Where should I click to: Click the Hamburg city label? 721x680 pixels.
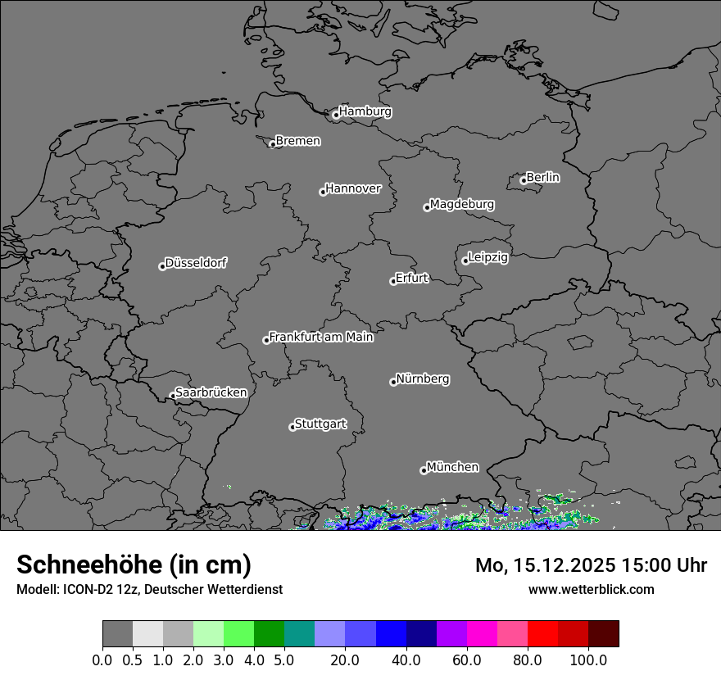[365, 111]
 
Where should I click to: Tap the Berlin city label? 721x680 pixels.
[542, 177]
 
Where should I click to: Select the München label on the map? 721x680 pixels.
[452, 467]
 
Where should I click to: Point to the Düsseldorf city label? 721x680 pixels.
[196, 263]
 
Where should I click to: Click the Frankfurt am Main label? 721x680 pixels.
[321, 337]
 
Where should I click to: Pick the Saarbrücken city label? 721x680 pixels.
[211, 392]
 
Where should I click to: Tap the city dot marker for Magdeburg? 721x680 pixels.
[427, 207]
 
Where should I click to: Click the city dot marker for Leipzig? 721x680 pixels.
[465, 261]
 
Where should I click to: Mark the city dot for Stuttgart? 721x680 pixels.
[292, 427]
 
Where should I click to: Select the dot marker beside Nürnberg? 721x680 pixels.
[393, 382]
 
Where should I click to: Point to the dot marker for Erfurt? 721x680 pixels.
[393, 281]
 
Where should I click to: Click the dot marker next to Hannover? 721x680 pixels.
[323, 192]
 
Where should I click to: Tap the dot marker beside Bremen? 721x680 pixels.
[273, 144]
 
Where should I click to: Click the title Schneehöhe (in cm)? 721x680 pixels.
[134, 565]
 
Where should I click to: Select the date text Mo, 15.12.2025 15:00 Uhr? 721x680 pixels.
[591, 565]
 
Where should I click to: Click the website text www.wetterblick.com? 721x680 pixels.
[591, 589]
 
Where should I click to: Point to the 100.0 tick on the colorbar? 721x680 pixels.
[588, 660]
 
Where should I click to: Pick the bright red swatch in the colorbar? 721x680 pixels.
[542, 633]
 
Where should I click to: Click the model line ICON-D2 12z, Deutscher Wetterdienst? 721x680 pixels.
[149, 589]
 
